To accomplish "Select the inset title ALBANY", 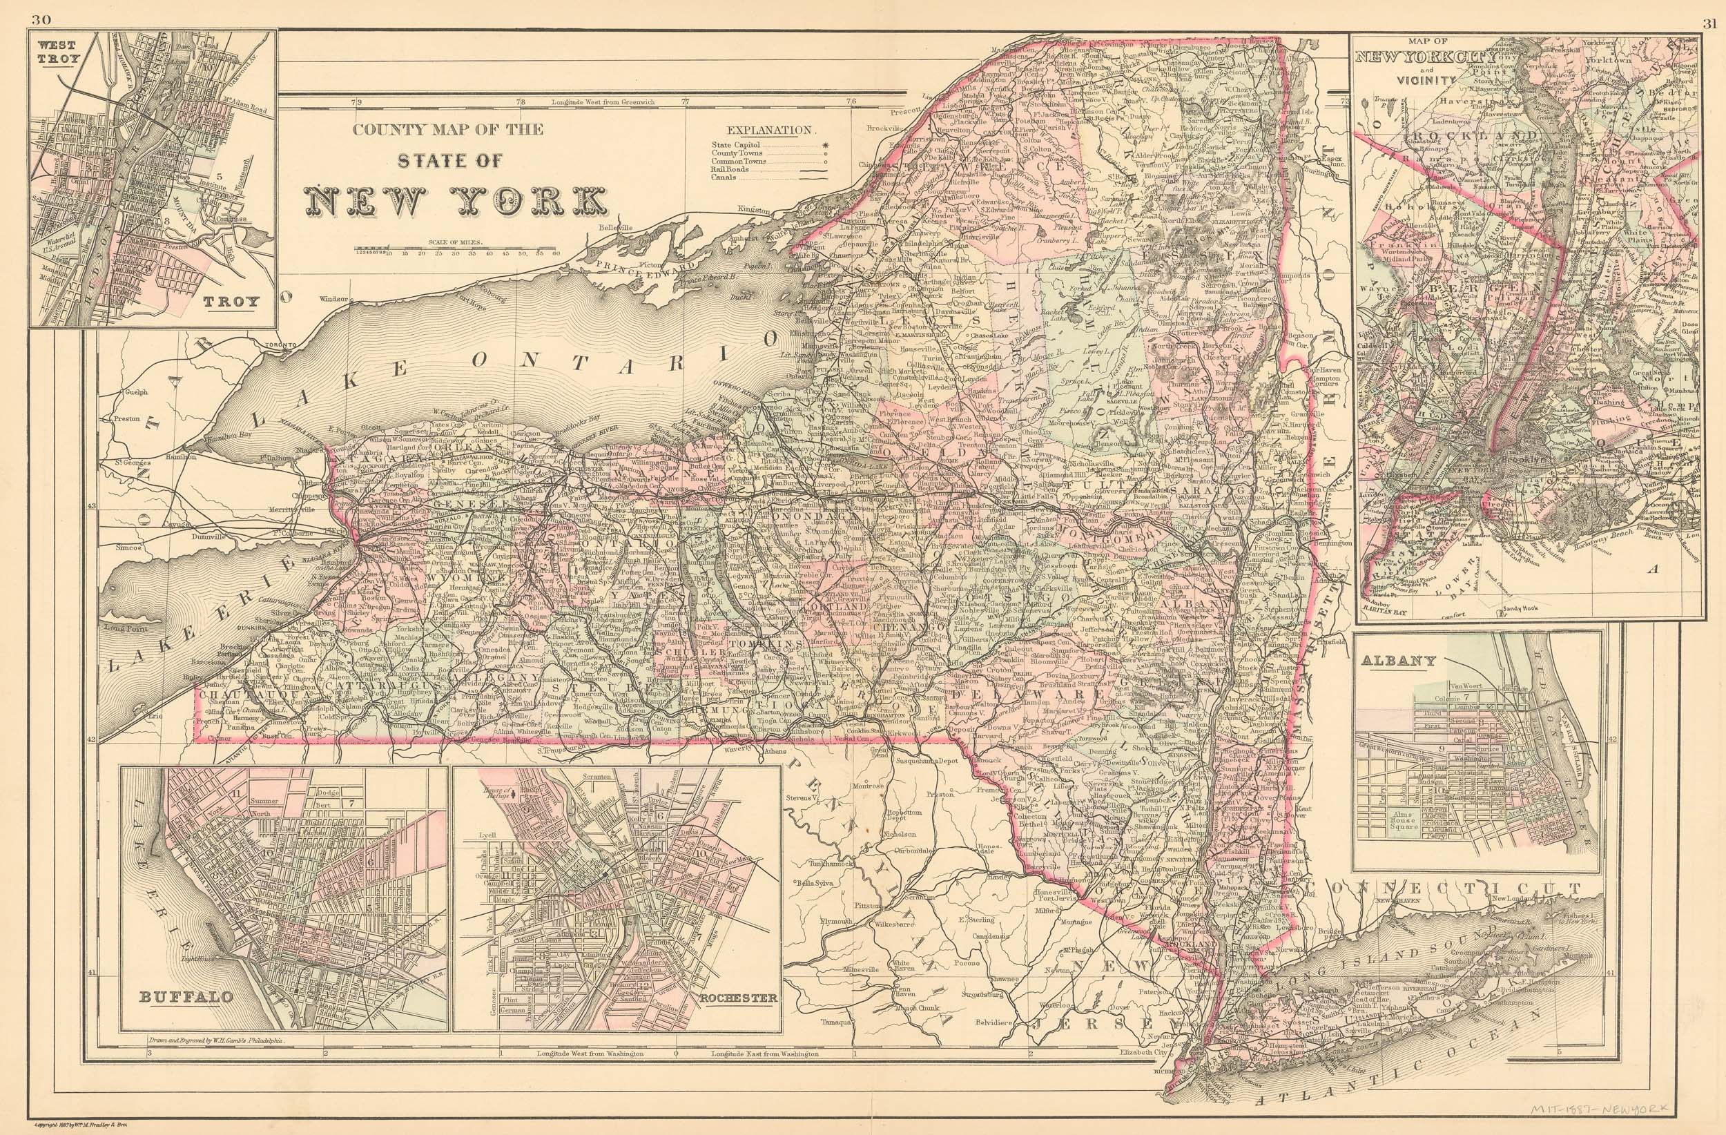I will click(1396, 661).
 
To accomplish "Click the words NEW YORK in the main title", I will click(456, 201).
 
